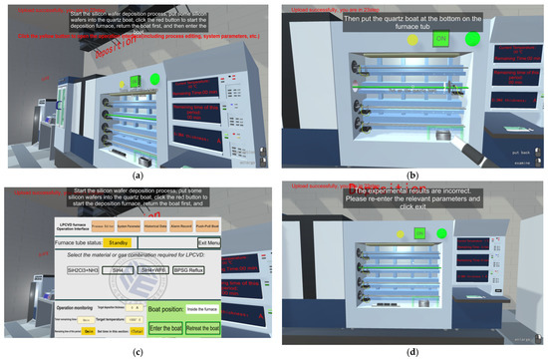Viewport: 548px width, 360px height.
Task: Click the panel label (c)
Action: tap(136, 352)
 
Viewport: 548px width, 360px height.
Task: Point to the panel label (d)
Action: tap(411, 352)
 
